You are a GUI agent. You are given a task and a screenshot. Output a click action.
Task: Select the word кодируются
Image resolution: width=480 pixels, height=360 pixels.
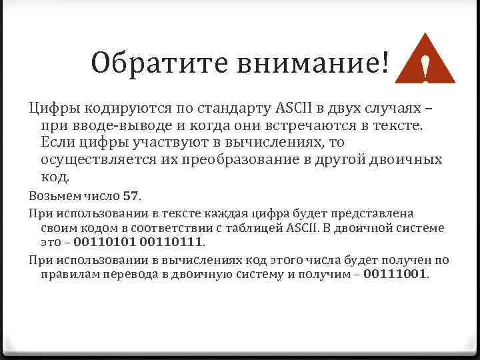(x=115, y=109)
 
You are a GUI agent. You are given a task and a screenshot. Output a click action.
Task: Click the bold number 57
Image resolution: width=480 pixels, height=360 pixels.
(x=131, y=196)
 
